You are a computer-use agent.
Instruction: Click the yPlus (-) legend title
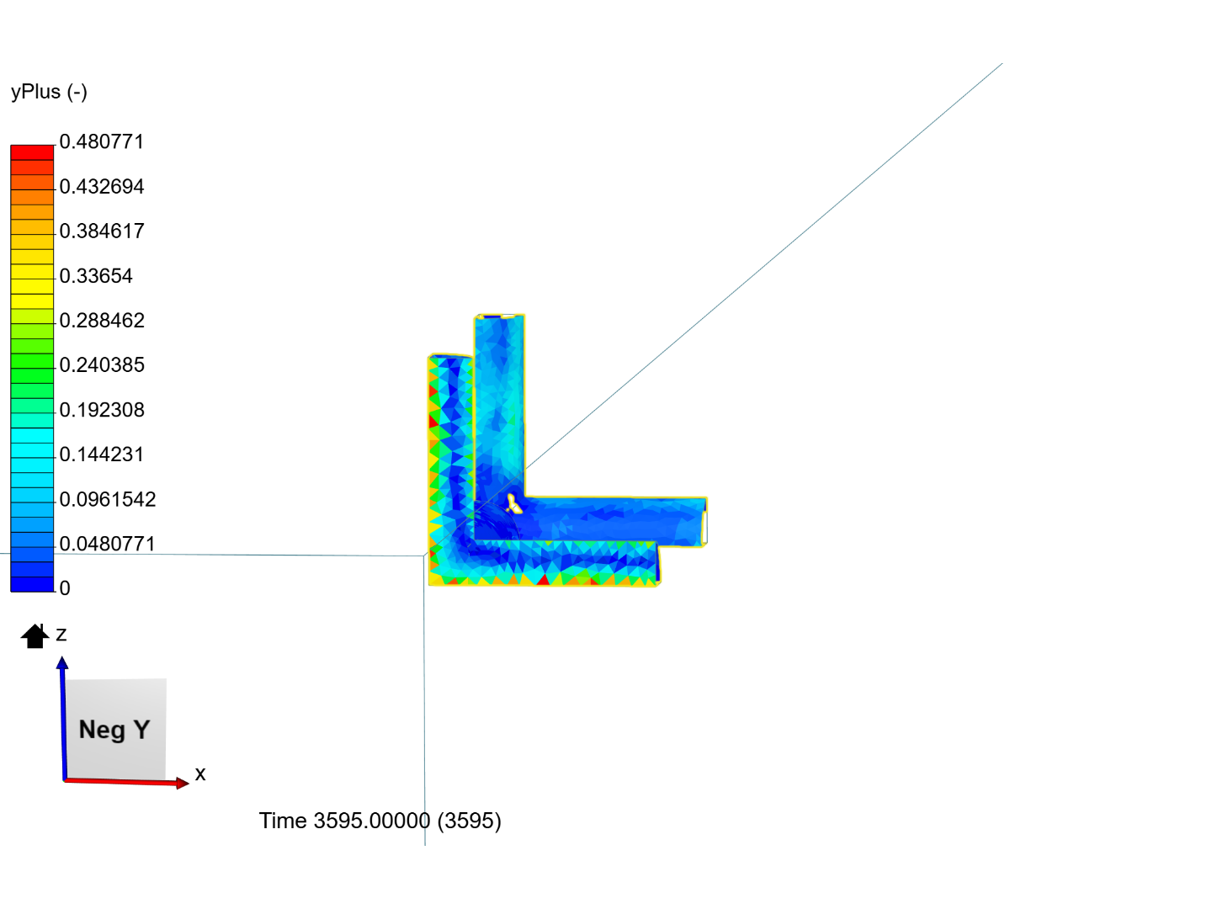pyautogui.click(x=49, y=92)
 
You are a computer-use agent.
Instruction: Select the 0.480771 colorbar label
pyautogui.click(x=102, y=142)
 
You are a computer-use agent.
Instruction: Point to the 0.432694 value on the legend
pyautogui.click(x=102, y=187)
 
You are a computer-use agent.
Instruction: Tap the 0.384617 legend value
pyautogui.click(x=102, y=231)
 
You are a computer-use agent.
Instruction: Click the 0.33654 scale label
pyautogui.click(x=96, y=276)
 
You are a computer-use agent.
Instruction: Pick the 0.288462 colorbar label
pyautogui.click(x=102, y=321)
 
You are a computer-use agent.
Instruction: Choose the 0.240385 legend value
pyautogui.click(x=102, y=364)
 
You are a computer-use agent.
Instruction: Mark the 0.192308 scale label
pyautogui.click(x=102, y=410)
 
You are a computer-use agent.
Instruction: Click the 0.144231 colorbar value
pyautogui.click(x=102, y=454)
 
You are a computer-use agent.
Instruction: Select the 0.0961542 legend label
pyautogui.click(x=108, y=499)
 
